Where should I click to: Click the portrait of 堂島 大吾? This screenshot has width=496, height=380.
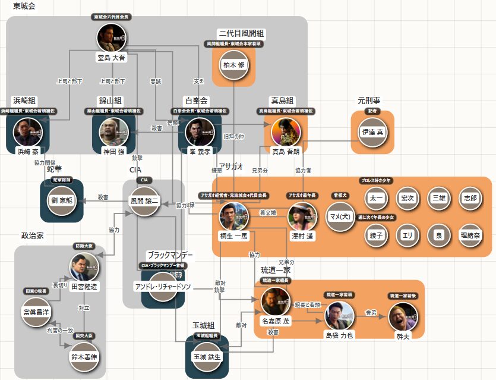pyautogui.click(x=111, y=38)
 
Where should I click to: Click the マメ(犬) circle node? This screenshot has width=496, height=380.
pyautogui.click(x=340, y=216)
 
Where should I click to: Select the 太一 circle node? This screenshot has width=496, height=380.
pyautogui.click(x=375, y=198)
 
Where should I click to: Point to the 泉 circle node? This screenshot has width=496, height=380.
pyautogui.click(x=439, y=235)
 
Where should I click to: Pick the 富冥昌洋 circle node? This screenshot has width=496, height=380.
pyautogui.click(x=36, y=310)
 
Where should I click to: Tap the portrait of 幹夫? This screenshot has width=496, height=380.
pyautogui.click(x=403, y=317)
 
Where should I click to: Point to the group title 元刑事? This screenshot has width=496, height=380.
pyautogui.click(x=369, y=101)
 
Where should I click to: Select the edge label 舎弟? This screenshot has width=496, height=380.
pyautogui.click(x=371, y=312)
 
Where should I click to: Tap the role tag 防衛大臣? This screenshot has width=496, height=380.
pyautogui.click(x=83, y=246)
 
